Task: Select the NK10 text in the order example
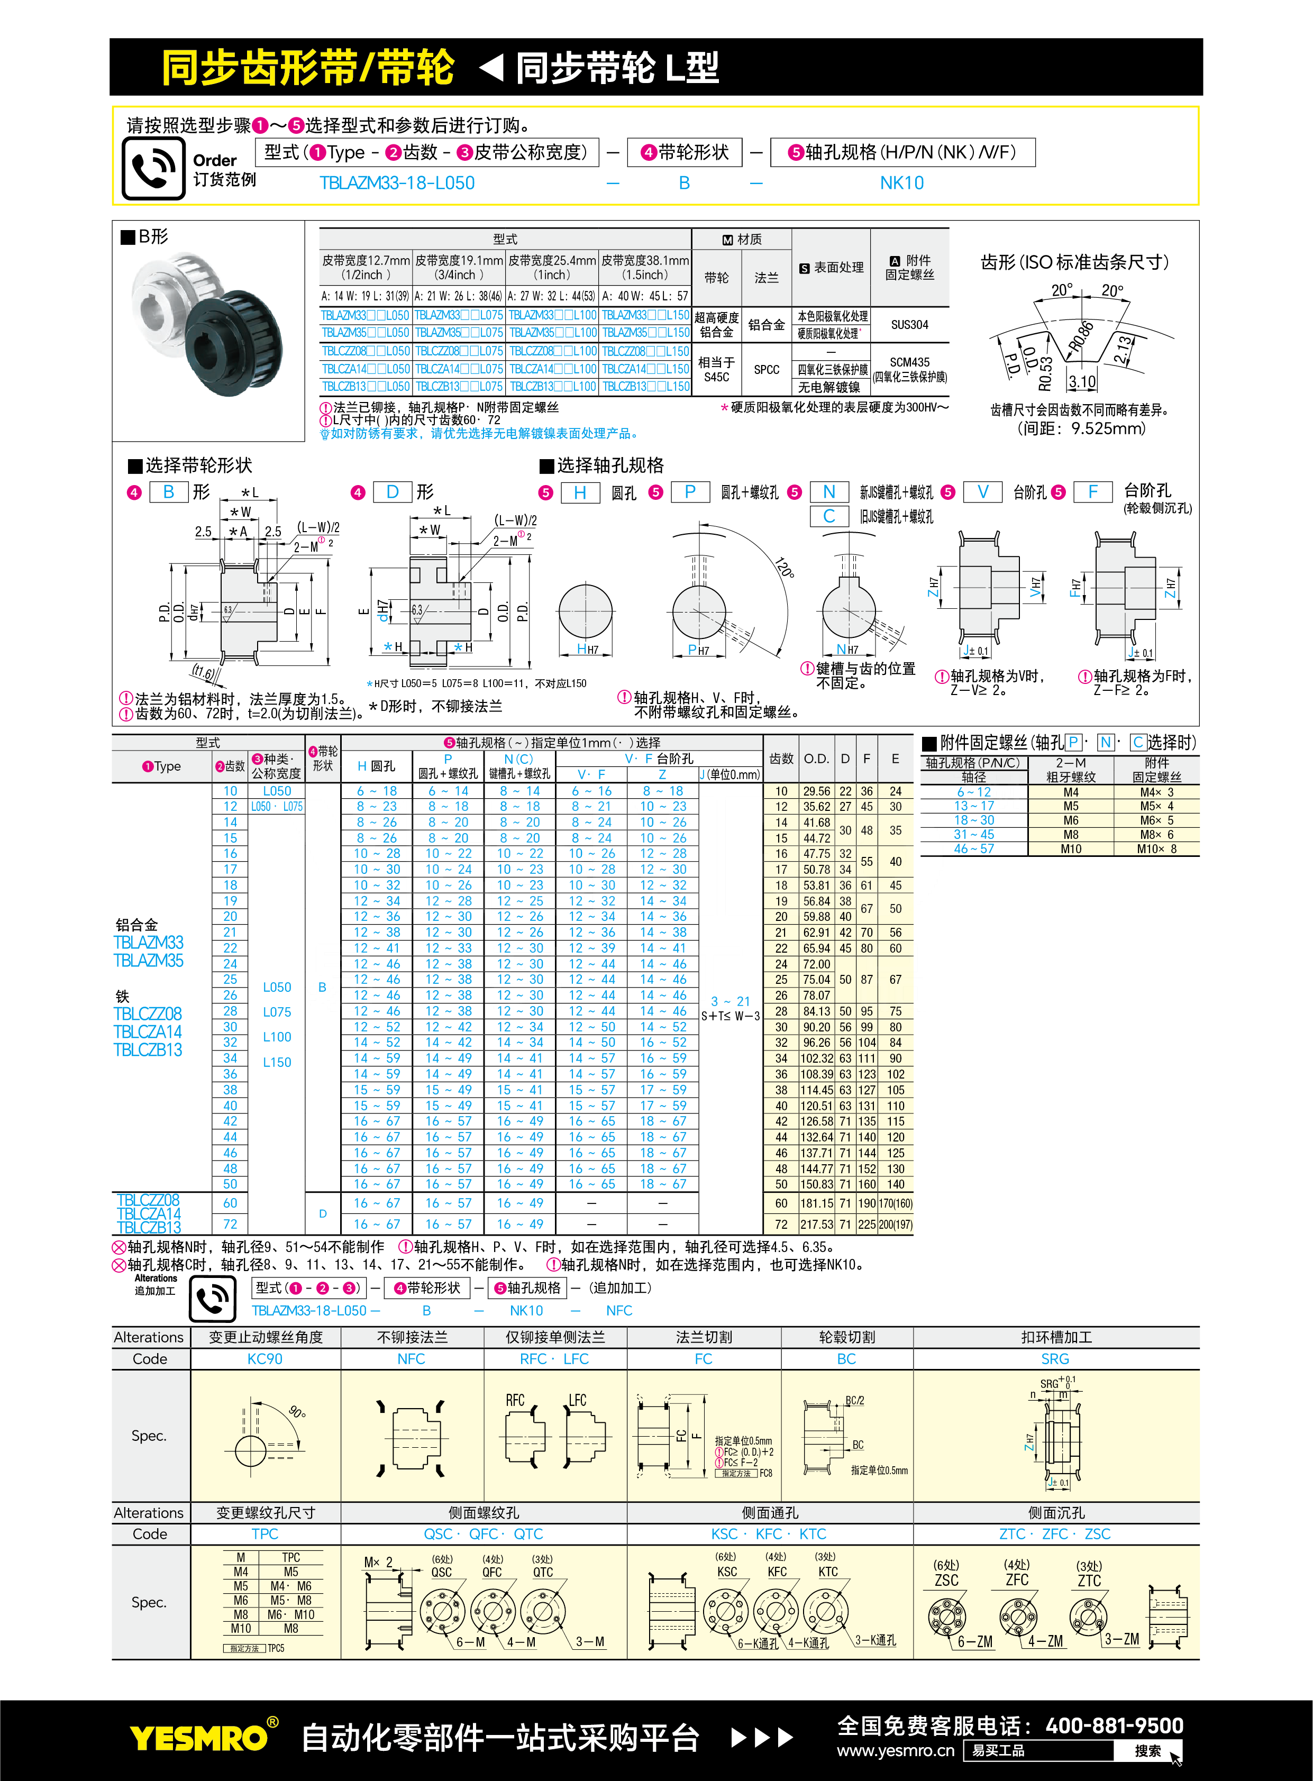(x=901, y=184)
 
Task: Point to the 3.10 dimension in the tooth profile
(x=1082, y=382)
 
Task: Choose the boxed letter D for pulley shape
(x=393, y=492)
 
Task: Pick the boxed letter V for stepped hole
(x=982, y=492)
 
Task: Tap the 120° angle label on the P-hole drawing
(x=785, y=568)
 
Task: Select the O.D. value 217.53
(x=816, y=1225)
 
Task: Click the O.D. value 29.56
(x=816, y=791)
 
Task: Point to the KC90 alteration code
(x=265, y=1359)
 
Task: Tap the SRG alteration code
(x=1055, y=1359)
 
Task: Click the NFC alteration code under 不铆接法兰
(x=411, y=1359)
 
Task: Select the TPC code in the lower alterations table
(x=265, y=1534)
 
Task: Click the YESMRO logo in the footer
(x=199, y=1738)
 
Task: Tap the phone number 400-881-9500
(x=1114, y=1726)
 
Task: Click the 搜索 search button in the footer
(x=1147, y=1751)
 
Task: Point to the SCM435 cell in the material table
(x=909, y=362)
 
